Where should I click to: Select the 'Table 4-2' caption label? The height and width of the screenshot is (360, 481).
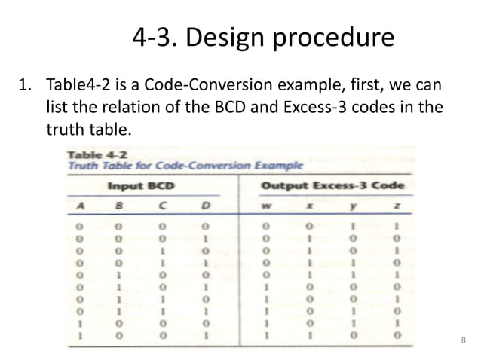point(88,154)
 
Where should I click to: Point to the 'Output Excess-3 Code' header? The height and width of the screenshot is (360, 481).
point(332,185)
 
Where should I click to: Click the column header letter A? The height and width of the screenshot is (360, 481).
point(78,203)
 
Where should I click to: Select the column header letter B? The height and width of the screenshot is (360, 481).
point(118,203)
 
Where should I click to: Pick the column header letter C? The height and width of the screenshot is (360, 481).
point(161,203)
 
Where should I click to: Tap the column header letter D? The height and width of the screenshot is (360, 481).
point(204,203)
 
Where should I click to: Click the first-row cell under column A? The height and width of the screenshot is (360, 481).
point(78,224)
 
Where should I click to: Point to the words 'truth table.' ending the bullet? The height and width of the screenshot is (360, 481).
point(88,130)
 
